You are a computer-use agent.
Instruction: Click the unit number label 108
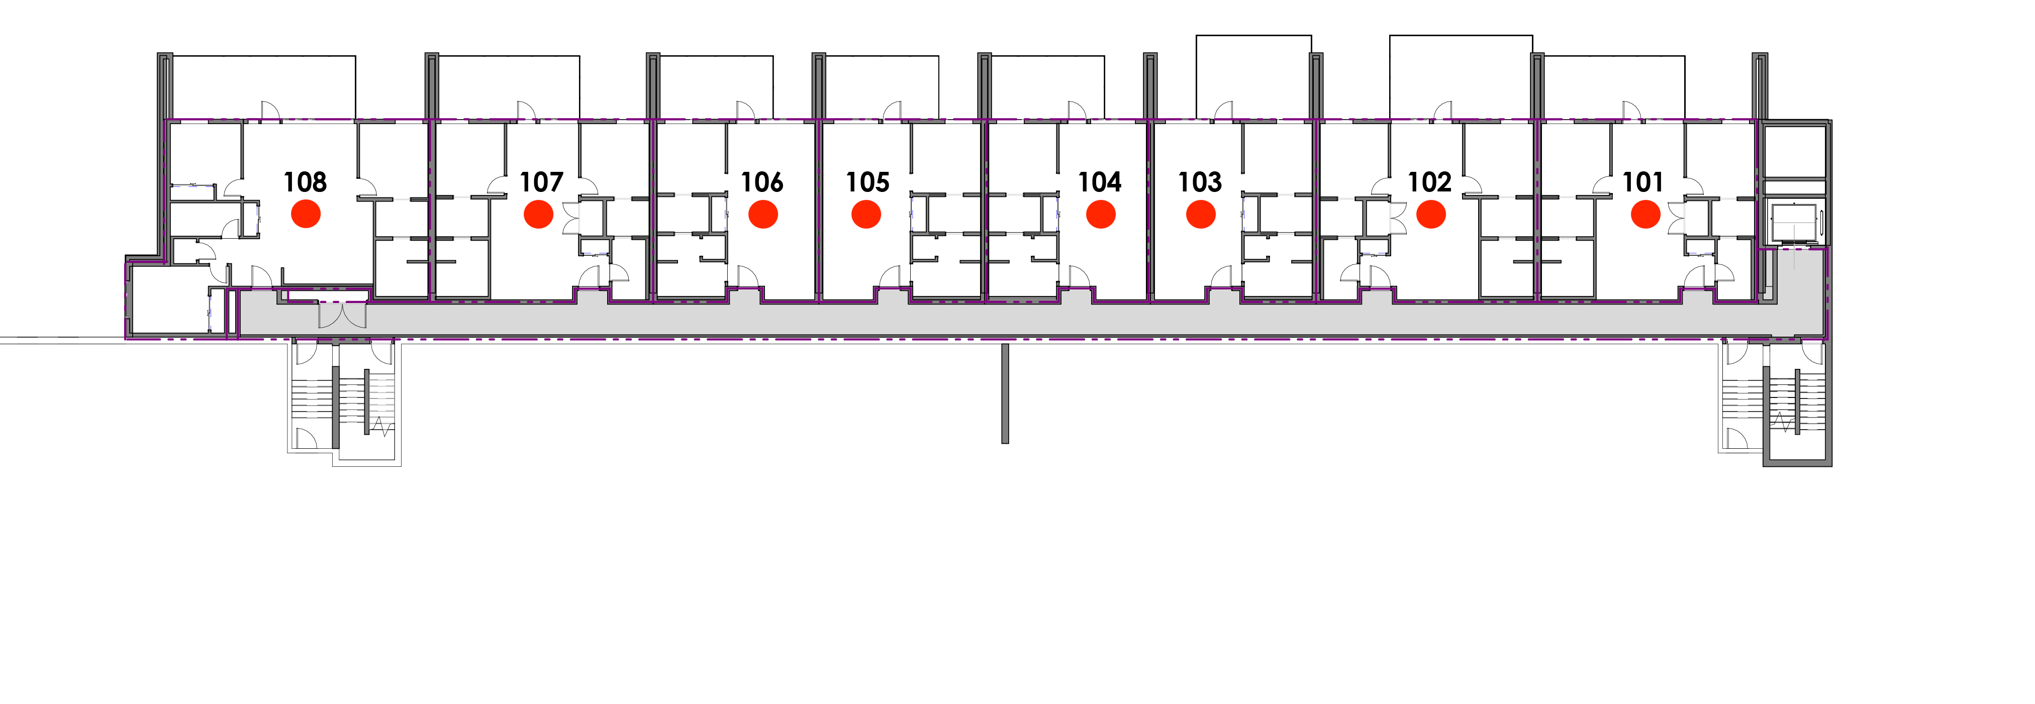tap(305, 182)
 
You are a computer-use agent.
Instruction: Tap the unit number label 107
tap(541, 182)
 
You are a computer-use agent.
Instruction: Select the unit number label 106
tap(762, 182)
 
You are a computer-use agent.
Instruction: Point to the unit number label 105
tap(867, 182)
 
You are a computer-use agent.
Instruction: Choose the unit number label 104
tap(1101, 182)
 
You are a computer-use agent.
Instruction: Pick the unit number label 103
tap(1200, 182)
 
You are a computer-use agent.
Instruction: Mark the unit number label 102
tap(1430, 182)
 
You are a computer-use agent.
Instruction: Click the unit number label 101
tap(1643, 182)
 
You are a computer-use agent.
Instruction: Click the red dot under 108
tap(306, 214)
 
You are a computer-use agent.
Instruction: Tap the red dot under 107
tap(540, 214)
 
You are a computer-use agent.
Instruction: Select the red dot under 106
tap(763, 214)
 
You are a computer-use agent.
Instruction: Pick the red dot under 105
tap(866, 214)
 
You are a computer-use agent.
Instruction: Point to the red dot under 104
tap(1101, 214)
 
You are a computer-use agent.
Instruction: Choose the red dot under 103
tap(1201, 214)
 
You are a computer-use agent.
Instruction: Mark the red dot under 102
tap(1431, 214)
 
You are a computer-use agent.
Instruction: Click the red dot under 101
tap(1645, 214)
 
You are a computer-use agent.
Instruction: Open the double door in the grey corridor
tap(342, 315)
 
